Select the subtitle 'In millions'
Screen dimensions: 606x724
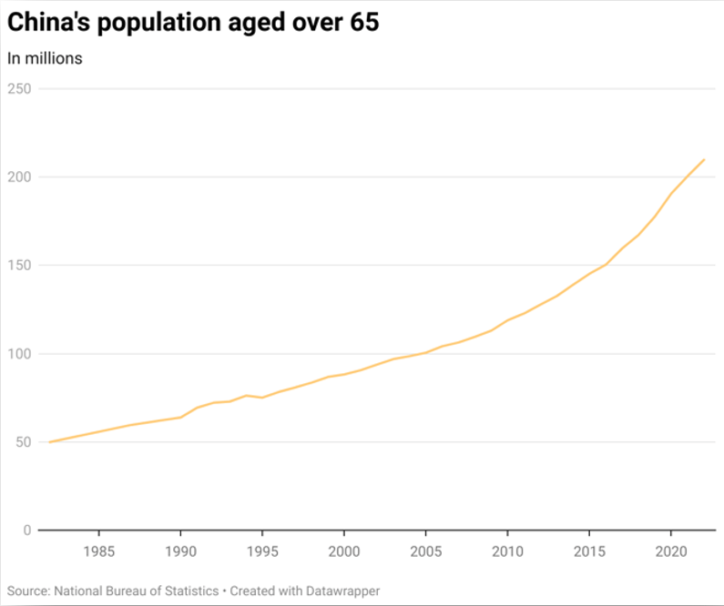tap(46, 58)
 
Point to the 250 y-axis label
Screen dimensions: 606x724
tap(19, 88)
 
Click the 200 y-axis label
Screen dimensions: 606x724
tap(19, 177)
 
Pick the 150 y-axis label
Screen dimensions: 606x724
tap(19, 265)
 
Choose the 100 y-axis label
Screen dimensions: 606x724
tap(19, 353)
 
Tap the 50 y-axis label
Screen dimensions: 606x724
tap(23, 441)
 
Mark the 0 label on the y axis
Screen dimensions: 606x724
tap(27, 530)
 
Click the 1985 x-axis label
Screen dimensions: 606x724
tap(98, 552)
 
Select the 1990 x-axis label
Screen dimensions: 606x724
tap(180, 552)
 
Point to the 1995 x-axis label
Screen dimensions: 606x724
tap(262, 552)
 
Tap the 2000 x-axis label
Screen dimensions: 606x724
tap(344, 552)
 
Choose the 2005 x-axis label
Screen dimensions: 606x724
tap(425, 552)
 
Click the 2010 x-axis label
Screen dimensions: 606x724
tap(507, 552)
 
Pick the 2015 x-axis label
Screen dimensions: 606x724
tap(589, 552)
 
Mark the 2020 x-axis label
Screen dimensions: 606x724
tap(671, 552)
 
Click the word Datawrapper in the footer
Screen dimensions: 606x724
tap(342, 591)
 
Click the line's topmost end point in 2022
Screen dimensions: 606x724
tap(704, 160)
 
